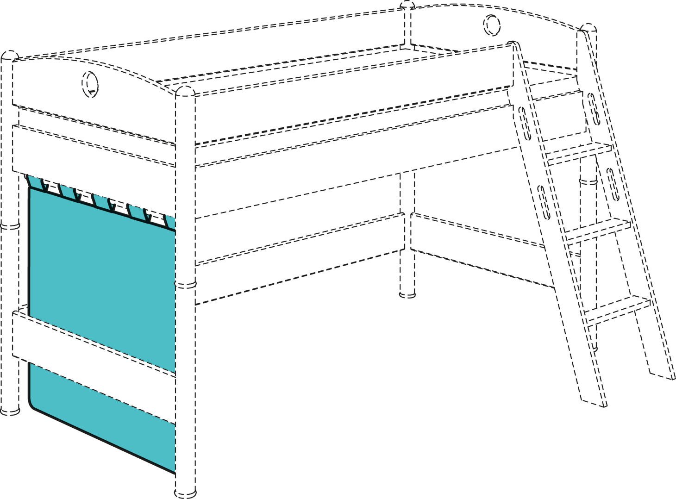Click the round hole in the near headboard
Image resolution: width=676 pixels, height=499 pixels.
point(90,84)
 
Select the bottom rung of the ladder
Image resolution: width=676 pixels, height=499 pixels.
point(618,310)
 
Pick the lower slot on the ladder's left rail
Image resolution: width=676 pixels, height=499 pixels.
point(544,202)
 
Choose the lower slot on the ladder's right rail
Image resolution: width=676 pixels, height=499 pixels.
point(613,184)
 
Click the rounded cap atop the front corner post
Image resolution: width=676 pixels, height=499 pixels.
point(185,90)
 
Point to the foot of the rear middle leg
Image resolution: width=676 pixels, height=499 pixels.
point(407,293)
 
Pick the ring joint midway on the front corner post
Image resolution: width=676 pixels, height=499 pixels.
point(185,283)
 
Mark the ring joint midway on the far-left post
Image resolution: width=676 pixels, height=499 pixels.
point(9,226)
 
